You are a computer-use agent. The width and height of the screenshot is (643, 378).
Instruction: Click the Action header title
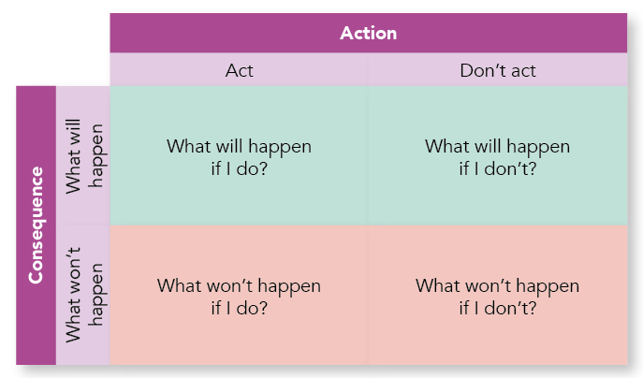coord(368,33)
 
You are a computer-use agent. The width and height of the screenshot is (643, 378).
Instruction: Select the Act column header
coord(239,70)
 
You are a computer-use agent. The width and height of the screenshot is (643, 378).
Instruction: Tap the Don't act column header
coord(497,70)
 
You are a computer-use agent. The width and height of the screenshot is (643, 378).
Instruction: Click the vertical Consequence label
coord(36,225)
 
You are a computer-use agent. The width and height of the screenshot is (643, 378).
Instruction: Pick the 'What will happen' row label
coord(83,156)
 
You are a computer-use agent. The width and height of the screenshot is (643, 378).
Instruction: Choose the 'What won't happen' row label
coord(83,295)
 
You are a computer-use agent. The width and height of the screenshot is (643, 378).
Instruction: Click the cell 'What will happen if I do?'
coord(239,157)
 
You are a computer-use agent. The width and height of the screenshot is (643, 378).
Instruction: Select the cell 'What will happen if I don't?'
coord(497,157)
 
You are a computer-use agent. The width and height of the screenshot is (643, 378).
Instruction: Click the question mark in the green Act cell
coord(263,168)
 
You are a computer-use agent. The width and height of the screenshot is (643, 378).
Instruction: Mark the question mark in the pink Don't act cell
coord(532,308)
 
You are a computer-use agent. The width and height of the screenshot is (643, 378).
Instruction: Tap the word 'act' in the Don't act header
coord(523,71)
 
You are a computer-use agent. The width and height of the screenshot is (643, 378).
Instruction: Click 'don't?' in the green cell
coord(510,168)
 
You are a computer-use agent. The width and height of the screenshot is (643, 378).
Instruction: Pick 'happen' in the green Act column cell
coord(280,148)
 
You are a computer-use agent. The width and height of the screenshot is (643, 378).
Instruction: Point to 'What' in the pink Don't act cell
coord(431,285)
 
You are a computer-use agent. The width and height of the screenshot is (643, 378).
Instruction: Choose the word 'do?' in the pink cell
coord(252,308)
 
